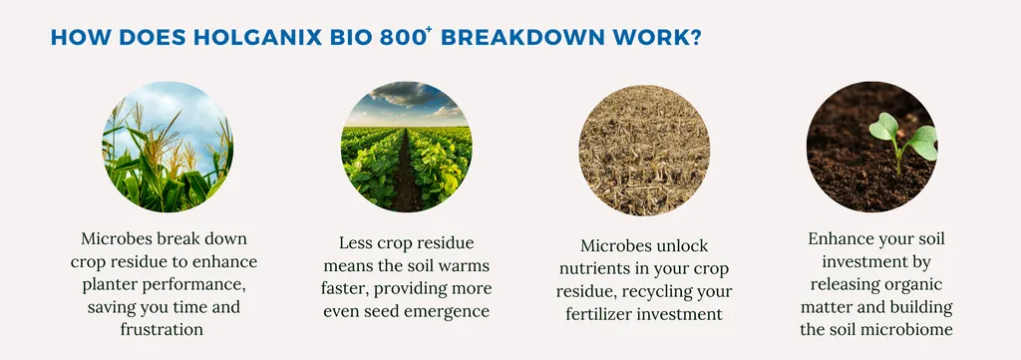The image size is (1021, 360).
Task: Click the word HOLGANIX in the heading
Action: coord(257,37)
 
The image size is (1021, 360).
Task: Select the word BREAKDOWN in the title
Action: coord(521,37)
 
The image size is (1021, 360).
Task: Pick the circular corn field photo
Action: coord(168,147)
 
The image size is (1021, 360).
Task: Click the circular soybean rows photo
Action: coord(407,147)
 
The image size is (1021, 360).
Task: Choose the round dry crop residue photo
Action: coord(644,150)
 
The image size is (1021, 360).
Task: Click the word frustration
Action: coord(162,329)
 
